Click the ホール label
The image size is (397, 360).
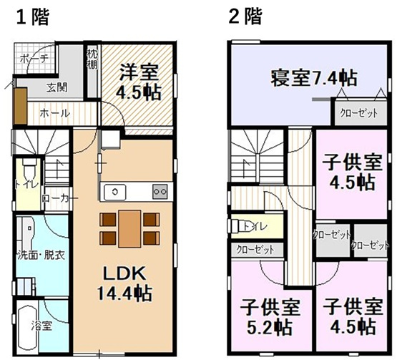coord(54,113)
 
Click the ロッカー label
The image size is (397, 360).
coord(55,198)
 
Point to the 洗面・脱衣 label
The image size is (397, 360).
coord(41,254)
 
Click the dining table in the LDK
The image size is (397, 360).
coord(129,228)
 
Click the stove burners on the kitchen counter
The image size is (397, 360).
coord(160,191)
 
